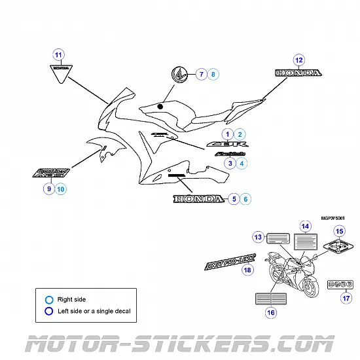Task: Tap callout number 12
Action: [298, 60]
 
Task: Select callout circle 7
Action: [201, 75]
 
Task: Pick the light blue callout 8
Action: [212, 75]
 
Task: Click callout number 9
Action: [48, 189]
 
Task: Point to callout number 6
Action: [245, 198]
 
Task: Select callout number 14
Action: [304, 226]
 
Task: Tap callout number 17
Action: [346, 298]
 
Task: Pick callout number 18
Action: [247, 270]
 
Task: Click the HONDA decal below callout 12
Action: [293, 73]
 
